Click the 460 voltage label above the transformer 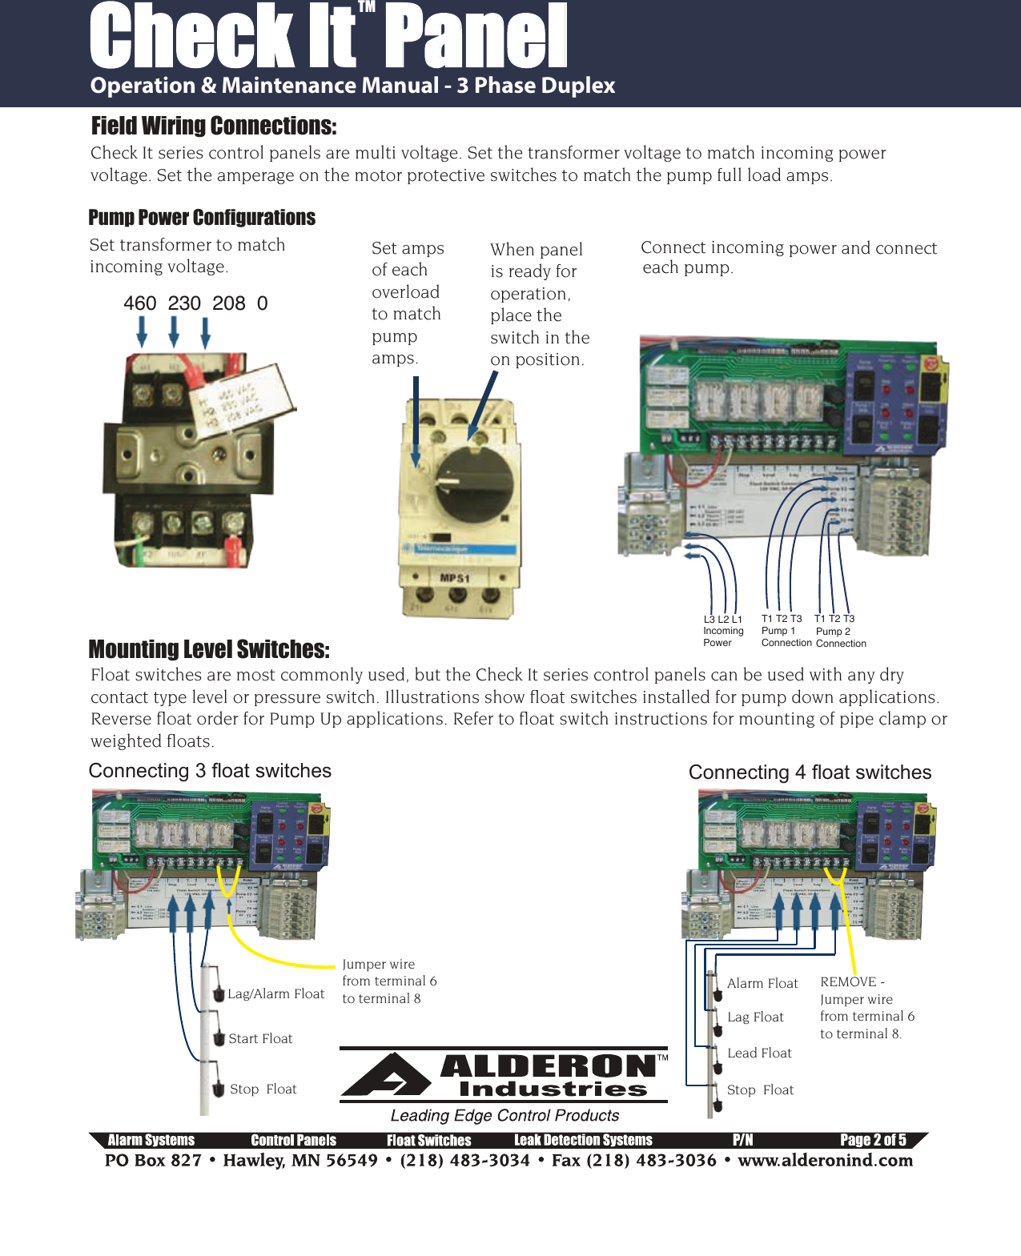[139, 303]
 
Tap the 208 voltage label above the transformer [228, 303]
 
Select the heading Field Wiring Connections [214, 126]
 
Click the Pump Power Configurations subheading [202, 218]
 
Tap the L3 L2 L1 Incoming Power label [722, 630]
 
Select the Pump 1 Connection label [786, 630]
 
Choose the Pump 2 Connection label [840, 631]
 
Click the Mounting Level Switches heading [209, 649]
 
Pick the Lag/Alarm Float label [275, 993]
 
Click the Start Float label [260, 1038]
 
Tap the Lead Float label [759, 1053]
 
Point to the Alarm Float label [762, 983]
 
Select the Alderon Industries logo [504, 1075]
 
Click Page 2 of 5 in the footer [873, 1140]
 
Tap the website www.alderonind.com [825, 1160]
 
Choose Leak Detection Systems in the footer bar [583, 1140]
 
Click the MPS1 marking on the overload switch [454, 578]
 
